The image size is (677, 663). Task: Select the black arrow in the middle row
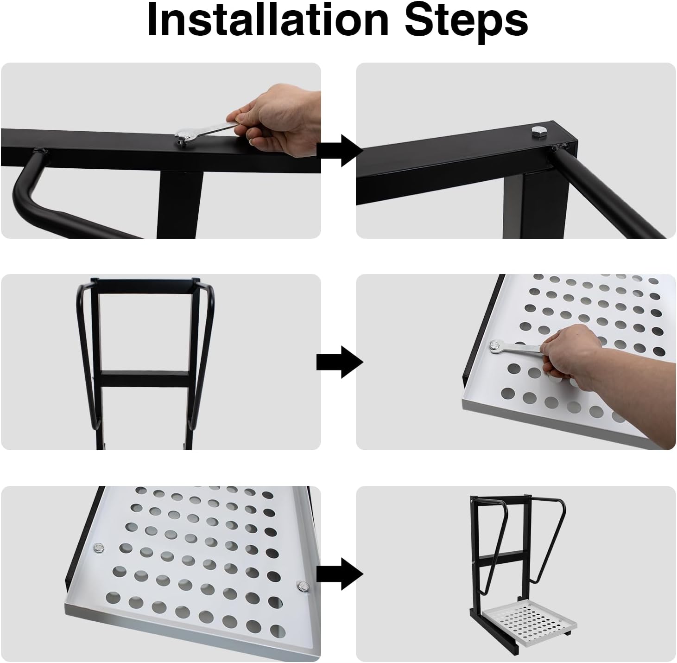coord(339,362)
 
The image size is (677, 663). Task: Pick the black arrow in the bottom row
coord(339,574)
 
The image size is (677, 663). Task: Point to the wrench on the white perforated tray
coord(514,349)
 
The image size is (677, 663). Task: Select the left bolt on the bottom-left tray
coord(99,548)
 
